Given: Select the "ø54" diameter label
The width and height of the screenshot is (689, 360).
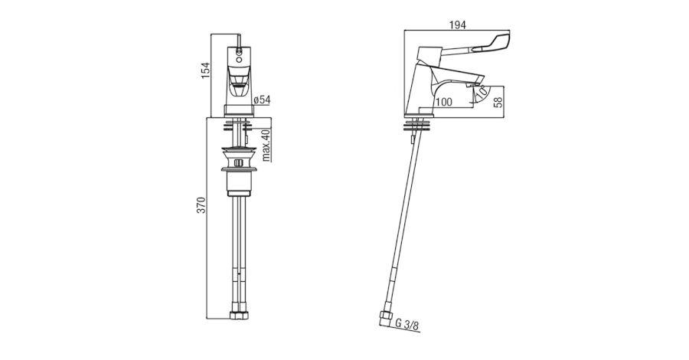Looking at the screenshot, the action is pos(263,100).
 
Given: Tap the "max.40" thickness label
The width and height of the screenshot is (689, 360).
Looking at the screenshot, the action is pos(266,146).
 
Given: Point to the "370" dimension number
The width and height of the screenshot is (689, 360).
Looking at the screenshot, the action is pos(201,205).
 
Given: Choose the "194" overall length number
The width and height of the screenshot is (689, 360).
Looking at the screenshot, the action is pos(458,25).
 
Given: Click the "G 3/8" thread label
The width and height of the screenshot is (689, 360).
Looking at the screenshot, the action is pos(408,326).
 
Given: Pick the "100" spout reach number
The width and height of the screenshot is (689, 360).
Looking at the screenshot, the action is pos(444,103).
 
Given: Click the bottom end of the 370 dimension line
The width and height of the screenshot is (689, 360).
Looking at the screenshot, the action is pos(207,319).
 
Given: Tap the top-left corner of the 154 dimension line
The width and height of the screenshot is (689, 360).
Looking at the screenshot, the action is pos(211,34).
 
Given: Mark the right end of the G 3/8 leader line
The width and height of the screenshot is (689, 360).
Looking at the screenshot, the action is pos(420,332).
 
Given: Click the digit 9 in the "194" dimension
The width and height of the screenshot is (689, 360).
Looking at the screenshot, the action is pos(458,25).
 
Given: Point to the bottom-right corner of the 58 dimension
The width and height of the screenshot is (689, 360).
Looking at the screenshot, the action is pos(504,117).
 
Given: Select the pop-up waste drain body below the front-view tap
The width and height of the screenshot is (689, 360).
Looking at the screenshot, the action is pos(239,172).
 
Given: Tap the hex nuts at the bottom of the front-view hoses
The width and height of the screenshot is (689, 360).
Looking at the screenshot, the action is pos(239,316).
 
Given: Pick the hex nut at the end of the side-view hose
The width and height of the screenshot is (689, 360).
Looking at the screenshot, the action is pos(385,319).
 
